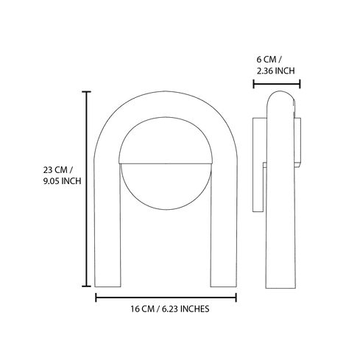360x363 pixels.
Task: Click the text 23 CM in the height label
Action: (x=55, y=169)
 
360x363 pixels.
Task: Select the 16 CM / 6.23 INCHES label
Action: (x=166, y=309)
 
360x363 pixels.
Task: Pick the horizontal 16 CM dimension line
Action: (x=166, y=297)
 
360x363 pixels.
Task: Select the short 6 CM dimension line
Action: (x=276, y=84)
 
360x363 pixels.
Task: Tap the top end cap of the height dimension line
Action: (x=87, y=92)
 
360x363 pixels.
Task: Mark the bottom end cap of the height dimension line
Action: (x=87, y=286)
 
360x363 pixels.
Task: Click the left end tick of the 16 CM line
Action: (x=96, y=297)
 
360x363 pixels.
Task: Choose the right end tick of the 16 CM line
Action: (x=236, y=297)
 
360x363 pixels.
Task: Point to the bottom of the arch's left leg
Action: (x=108, y=284)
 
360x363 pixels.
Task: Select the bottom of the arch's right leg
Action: (x=223, y=284)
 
